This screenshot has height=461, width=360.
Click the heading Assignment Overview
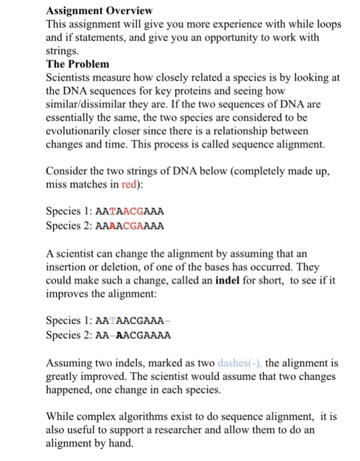coord(99,11)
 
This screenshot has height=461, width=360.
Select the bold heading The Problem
coord(78,65)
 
